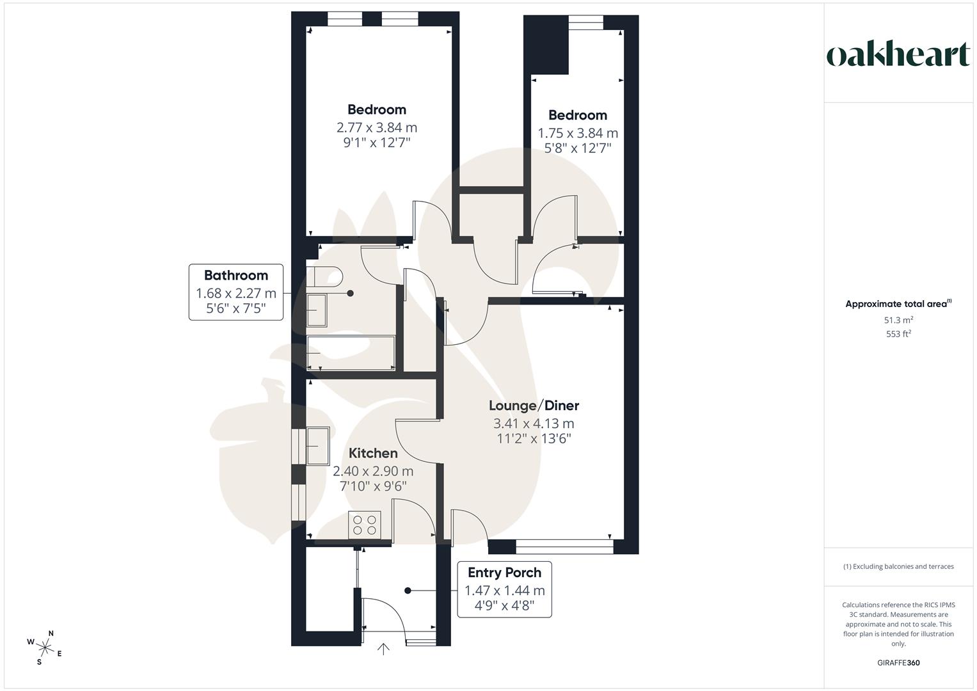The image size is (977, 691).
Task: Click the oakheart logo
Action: [x=898, y=55]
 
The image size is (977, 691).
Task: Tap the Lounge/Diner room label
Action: [x=534, y=406]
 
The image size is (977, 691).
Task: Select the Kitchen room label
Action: [x=373, y=454]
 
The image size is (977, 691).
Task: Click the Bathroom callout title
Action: [x=235, y=276]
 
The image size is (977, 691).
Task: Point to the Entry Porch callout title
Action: [x=504, y=573]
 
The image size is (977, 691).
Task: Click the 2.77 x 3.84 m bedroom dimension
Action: [x=377, y=127]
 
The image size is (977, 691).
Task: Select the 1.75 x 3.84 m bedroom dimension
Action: [x=578, y=133]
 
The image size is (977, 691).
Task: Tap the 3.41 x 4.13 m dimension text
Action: [x=534, y=424]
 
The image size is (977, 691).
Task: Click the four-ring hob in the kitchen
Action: [x=365, y=525]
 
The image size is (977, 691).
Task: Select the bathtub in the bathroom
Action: [x=351, y=353]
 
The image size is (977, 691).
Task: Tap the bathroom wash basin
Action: [x=317, y=310]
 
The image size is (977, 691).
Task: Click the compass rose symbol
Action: [x=45, y=647]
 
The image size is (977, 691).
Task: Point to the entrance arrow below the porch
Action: [x=383, y=649]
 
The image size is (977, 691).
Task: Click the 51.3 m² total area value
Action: [x=898, y=320]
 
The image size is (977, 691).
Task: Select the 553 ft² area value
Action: [x=898, y=334]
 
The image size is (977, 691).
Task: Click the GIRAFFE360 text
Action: [x=898, y=663]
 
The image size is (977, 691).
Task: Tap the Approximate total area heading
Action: [x=898, y=305]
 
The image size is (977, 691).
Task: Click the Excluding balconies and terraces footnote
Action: [x=898, y=566]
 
